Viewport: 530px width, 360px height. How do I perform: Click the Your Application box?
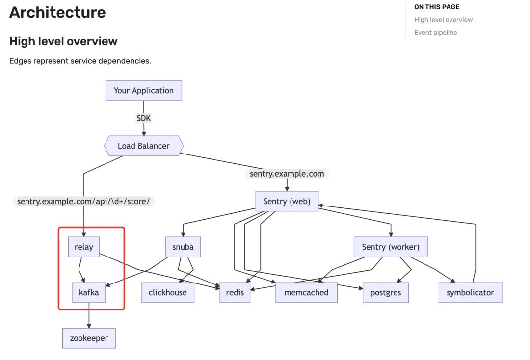(144, 91)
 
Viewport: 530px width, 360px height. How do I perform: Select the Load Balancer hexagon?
(144, 146)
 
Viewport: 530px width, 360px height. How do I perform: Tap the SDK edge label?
(144, 118)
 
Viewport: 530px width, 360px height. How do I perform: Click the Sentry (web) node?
(287, 201)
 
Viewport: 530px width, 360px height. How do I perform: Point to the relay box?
(84, 247)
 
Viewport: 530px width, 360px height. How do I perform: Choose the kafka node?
(89, 292)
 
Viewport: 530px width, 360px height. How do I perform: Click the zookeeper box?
(89, 338)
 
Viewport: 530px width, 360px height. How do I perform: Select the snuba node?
(183, 247)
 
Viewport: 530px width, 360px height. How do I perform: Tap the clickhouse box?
(168, 292)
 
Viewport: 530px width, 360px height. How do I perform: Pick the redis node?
(235, 292)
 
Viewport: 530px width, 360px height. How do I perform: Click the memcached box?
(306, 292)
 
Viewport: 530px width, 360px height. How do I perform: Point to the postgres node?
(386, 292)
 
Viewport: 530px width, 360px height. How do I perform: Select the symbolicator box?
(470, 292)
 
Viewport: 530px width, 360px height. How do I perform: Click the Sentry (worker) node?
(391, 247)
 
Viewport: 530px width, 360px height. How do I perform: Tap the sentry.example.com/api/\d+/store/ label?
(83, 201)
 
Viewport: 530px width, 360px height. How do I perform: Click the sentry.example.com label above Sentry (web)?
(287, 174)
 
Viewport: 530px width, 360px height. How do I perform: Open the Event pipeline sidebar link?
(436, 33)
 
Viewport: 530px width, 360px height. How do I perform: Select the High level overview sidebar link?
(444, 20)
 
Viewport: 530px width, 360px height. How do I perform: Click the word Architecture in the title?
(57, 12)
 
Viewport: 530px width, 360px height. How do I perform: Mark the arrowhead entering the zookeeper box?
(89, 326)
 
